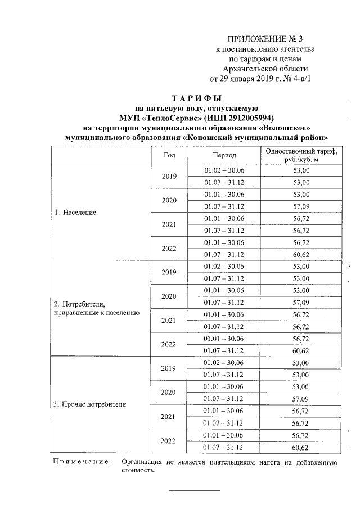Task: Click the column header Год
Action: pos(169,155)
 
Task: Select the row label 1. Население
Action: pos(75,213)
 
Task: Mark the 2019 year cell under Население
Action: pos(169,176)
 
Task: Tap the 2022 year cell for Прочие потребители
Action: pos(169,442)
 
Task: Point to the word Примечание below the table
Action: pos(80,463)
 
